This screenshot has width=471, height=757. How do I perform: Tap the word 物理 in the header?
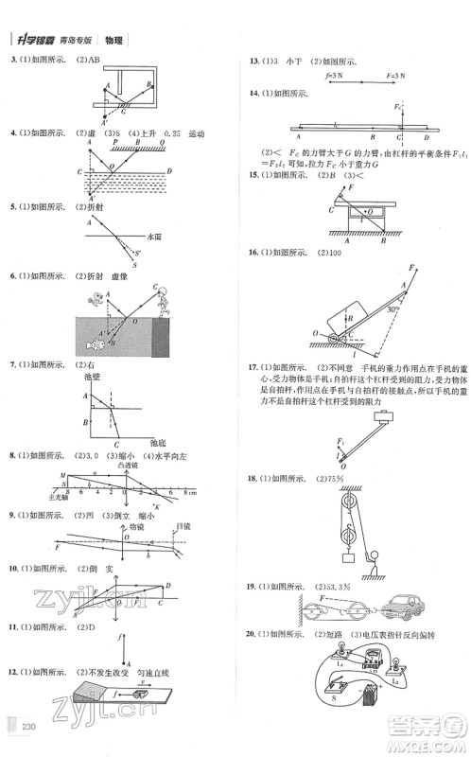coord(113,40)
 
